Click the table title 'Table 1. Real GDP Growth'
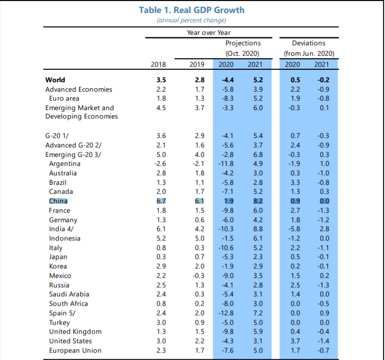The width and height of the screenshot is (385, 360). click(x=192, y=10)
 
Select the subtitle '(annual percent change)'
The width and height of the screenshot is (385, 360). click(x=192, y=20)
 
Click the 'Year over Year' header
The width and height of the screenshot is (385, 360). click(x=209, y=33)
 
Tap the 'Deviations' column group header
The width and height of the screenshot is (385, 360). click(x=308, y=43)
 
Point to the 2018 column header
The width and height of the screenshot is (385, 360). click(x=158, y=64)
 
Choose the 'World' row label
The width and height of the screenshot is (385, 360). click(x=55, y=80)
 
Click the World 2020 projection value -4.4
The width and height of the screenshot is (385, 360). click(x=226, y=80)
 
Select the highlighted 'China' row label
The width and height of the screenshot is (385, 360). click(x=58, y=201)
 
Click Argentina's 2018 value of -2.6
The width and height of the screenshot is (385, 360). click(x=159, y=164)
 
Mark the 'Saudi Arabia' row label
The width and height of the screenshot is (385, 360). click(x=68, y=294)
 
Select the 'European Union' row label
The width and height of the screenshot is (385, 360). click(x=75, y=351)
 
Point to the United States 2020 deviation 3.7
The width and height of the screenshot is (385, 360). click(x=295, y=341)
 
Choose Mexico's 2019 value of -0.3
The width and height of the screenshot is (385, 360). click(x=197, y=276)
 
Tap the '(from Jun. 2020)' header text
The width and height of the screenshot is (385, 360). click(x=308, y=53)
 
